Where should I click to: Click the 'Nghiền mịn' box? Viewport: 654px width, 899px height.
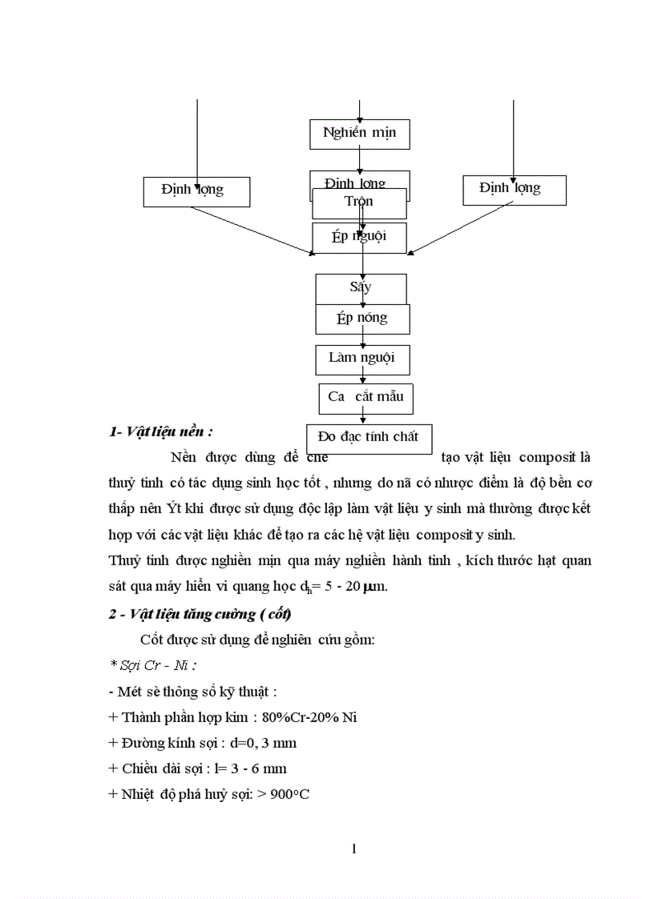359,133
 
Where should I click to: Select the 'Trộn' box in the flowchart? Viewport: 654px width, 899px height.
359,203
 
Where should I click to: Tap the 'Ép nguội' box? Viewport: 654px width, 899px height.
359,237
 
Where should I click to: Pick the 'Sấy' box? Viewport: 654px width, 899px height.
361,287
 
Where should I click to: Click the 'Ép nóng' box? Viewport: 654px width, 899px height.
362,318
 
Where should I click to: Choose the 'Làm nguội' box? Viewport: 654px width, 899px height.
362,358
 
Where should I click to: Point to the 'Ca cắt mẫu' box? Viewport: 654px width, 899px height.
366,395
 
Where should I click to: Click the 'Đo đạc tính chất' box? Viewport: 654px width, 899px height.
369,437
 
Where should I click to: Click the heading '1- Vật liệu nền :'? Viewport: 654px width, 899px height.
161,431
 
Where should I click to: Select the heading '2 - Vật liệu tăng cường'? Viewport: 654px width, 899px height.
200,614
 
